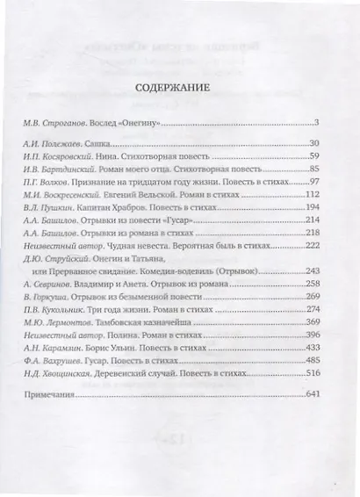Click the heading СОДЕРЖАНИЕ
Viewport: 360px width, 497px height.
(179, 87)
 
